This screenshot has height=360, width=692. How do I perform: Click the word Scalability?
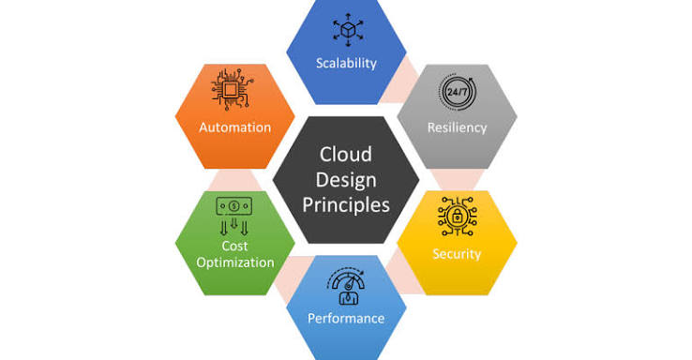pos(346,63)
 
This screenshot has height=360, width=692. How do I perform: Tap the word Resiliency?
pos(458,127)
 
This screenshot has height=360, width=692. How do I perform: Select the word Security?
pos(457,254)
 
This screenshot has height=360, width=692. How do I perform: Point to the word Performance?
pos(346,318)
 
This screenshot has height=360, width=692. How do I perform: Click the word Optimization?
pos(235,262)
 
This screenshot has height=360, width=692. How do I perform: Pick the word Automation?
pos(235,127)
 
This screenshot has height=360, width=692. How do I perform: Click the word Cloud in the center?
pos(346,155)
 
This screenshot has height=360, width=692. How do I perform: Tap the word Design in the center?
pos(346,180)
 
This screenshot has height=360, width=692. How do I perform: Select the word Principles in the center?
pos(346,205)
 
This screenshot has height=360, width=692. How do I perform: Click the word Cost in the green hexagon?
pos(234,246)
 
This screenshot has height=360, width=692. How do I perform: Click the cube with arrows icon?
pos(348,30)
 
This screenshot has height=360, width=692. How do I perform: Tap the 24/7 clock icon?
pos(458,92)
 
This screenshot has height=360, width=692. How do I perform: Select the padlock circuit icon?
pos(458,217)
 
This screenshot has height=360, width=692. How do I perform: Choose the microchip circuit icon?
pos(232,90)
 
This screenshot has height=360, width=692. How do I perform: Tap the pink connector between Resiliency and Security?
pos(458,180)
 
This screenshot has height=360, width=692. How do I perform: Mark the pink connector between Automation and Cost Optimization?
pos(234,180)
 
